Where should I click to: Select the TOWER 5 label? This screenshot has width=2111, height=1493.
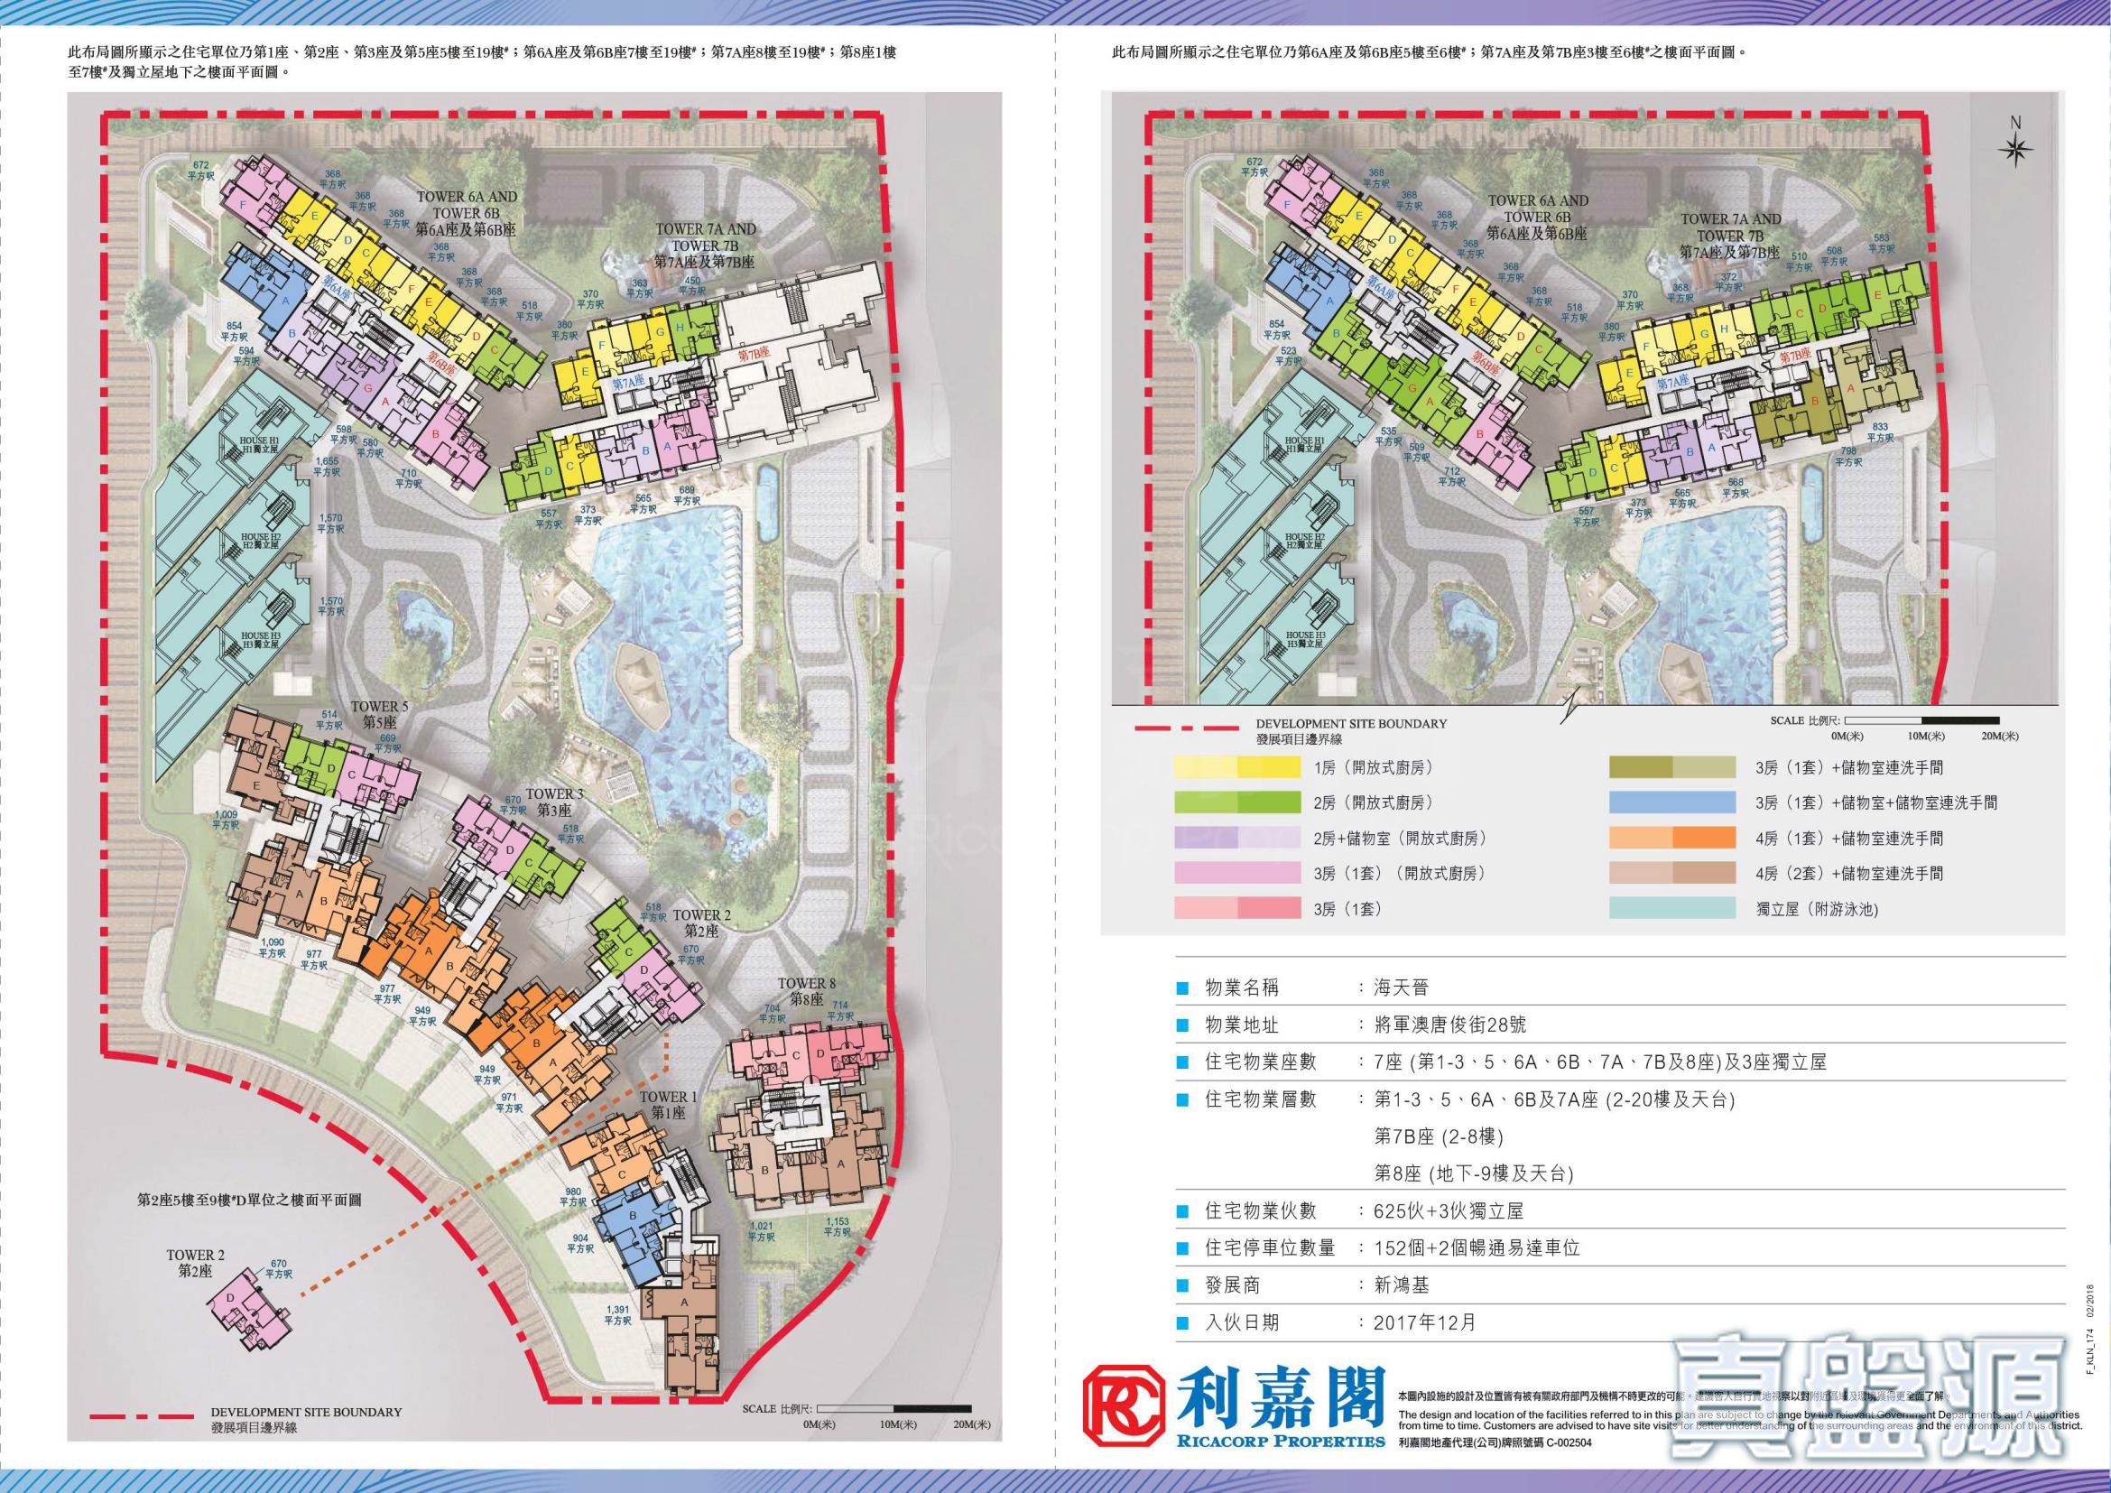(380, 713)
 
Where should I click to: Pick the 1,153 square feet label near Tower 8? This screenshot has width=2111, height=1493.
(837, 1228)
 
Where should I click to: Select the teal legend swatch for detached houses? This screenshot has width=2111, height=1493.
(1672, 909)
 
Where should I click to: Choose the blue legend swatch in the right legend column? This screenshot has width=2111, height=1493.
(1672, 802)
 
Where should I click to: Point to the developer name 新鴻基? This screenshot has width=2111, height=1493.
(1403, 1285)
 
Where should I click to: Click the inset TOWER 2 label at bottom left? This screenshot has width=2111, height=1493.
(195, 1263)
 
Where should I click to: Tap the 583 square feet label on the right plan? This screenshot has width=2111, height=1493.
(1881, 243)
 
